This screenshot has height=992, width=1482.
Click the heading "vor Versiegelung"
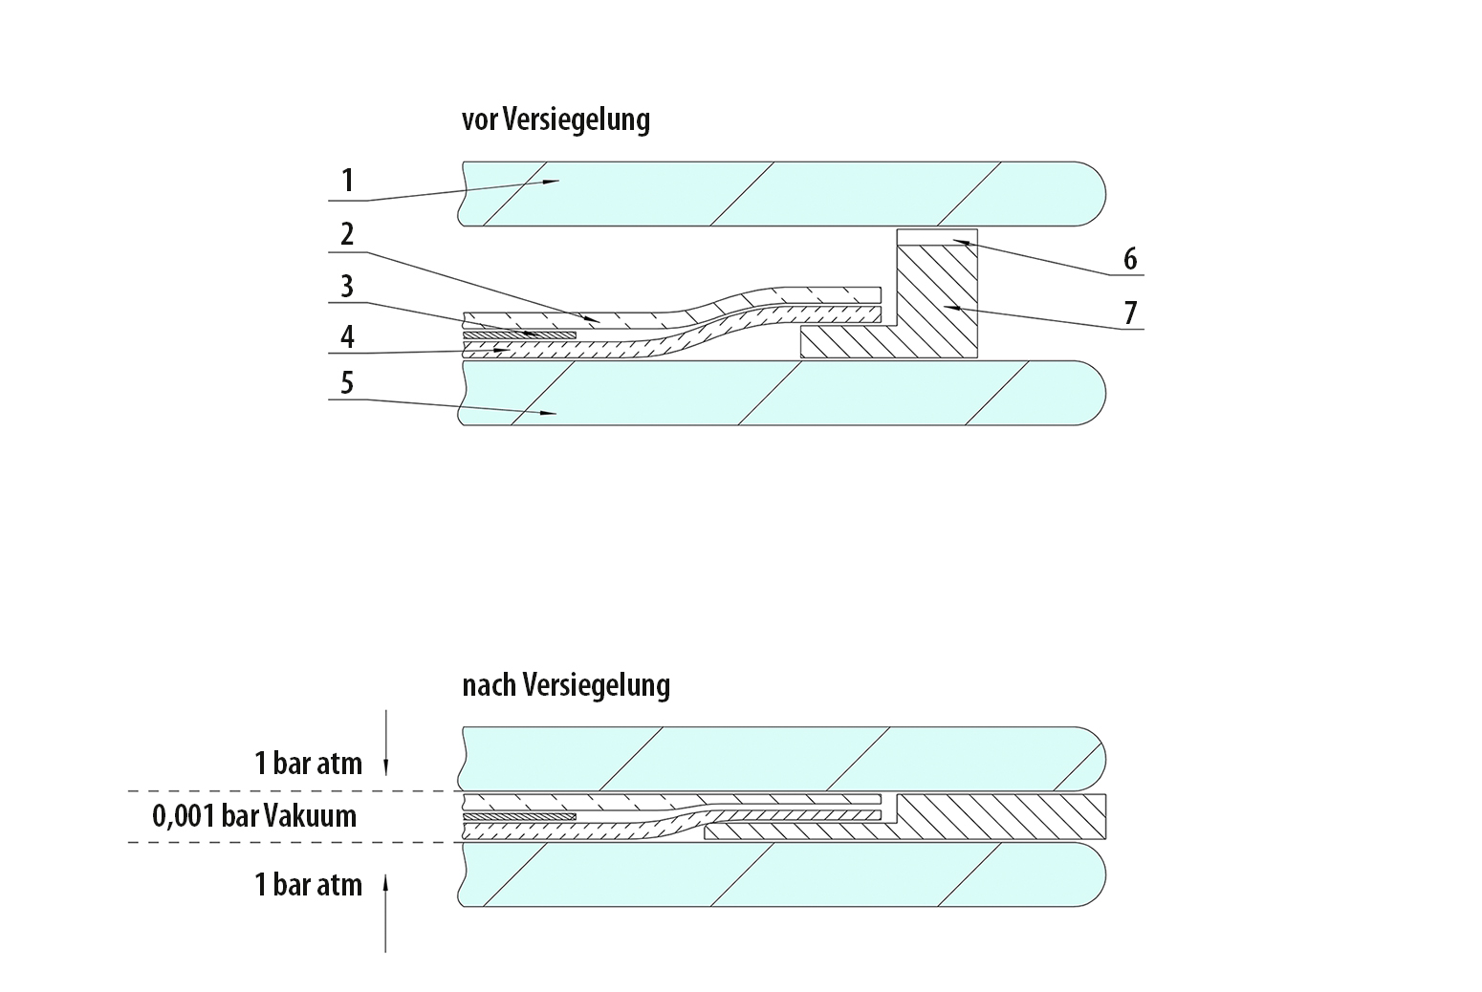coord(556,120)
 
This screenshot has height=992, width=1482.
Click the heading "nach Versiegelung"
coord(566,686)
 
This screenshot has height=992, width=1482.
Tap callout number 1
coord(347,180)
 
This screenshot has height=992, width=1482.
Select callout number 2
coord(347,234)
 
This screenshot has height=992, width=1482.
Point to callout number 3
coord(347,287)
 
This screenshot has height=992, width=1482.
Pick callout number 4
coord(347,336)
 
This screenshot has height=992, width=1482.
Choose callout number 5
coord(347,383)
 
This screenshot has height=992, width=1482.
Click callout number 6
coord(1130,259)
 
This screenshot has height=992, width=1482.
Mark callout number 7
coord(1130,313)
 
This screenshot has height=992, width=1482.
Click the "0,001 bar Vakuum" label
coord(254,816)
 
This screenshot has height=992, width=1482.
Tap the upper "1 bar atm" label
coord(308,764)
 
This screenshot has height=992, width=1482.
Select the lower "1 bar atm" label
coord(308,885)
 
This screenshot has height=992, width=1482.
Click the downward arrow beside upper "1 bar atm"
coord(385,743)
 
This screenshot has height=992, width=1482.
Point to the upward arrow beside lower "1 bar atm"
coord(385,914)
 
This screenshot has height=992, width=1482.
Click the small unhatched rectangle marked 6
coord(937,237)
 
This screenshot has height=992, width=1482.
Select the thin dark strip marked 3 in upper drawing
coord(519,335)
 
